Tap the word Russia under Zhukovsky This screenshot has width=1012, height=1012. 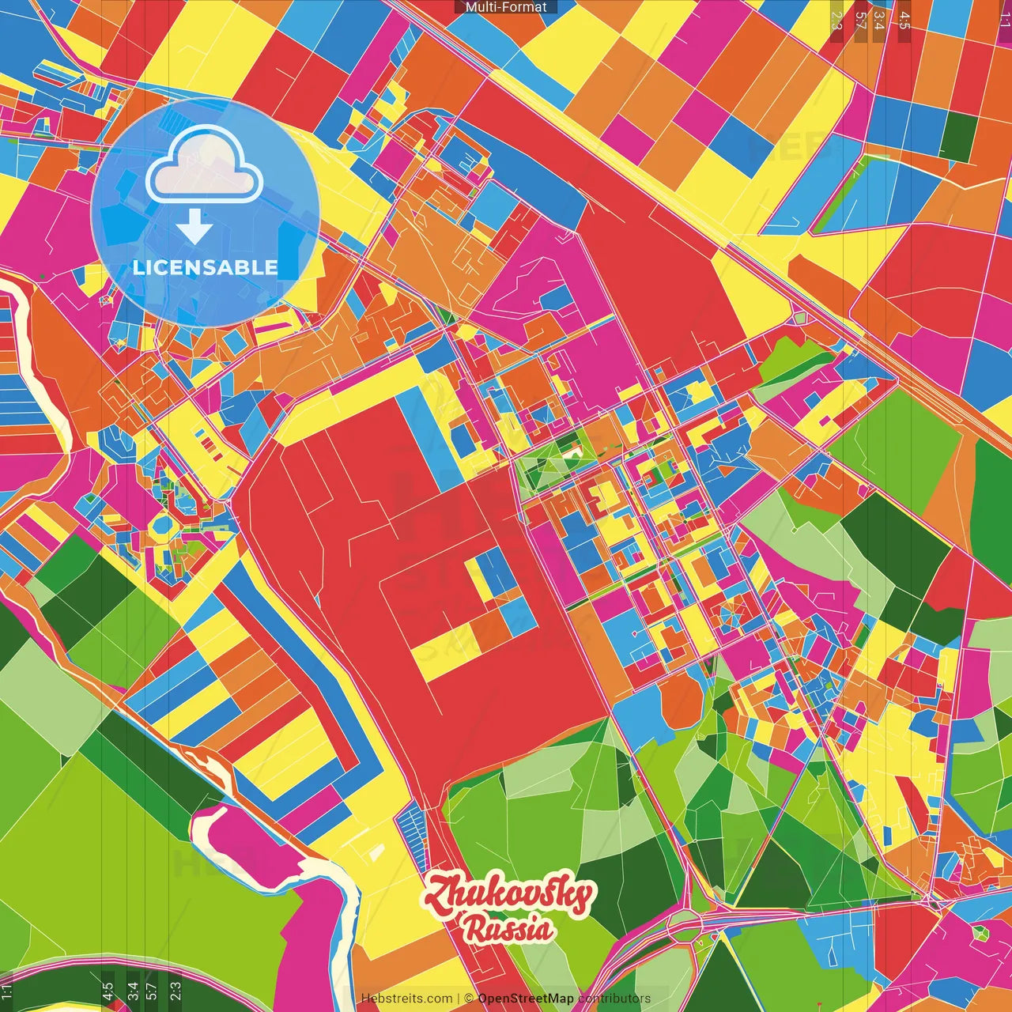[x=508, y=928]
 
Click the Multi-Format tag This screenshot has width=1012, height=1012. [x=506, y=7]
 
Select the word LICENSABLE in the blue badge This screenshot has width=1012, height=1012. [x=205, y=267]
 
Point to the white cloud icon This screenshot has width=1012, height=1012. [x=205, y=165]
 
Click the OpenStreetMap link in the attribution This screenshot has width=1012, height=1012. [x=525, y=999]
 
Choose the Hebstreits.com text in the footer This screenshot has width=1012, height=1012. [x=406, y=999]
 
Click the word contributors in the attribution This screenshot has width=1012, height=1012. [x=614, y=999]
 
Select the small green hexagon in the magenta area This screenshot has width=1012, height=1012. [x=981, y=933]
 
